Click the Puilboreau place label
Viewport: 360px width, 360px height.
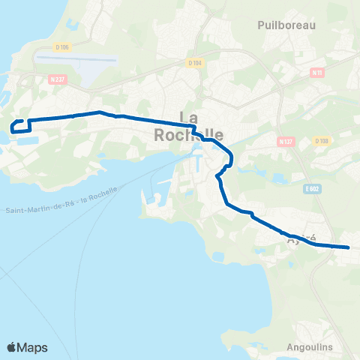coord(286,25)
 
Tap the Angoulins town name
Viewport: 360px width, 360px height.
coord(310,347)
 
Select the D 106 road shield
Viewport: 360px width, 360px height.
coord(61,46)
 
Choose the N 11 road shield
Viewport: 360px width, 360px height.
coord(316,73)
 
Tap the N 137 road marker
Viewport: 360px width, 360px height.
coord(284,141)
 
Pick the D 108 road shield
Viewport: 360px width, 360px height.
coord(322,140)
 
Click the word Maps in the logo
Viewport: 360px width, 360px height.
coord(33,347)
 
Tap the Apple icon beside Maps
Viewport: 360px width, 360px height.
coord(11,346)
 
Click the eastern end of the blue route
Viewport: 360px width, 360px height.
coord(349,247)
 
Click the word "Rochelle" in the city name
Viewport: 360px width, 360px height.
coord(188,135)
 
